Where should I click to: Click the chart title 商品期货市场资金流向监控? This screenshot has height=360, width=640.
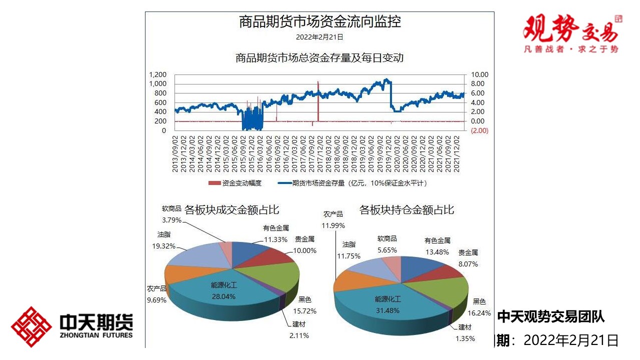[x=320, y=22]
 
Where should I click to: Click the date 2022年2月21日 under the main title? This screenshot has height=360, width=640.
[x=319, y=37]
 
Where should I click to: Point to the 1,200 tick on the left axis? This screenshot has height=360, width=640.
[x=157, y=75]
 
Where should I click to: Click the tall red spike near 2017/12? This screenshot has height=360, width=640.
[x=318, y=100]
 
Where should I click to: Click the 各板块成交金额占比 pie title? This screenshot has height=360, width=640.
[x=231, y=210]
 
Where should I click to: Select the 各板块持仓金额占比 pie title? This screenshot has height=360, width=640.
[x=406, y=210]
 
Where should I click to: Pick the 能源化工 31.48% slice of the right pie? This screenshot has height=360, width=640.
[x=388, y=304]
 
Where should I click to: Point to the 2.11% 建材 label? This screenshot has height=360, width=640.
[x=299, y=335]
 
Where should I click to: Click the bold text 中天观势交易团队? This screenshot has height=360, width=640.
[x=551, y=316]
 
